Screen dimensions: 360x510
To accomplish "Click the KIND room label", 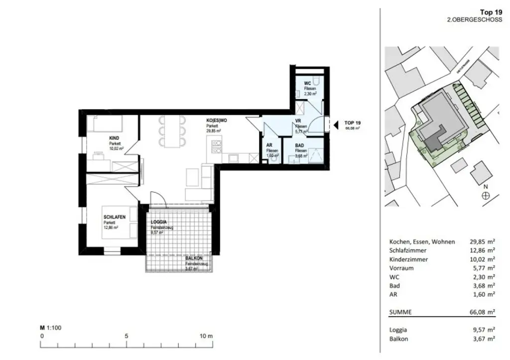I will click(x=115, y=139).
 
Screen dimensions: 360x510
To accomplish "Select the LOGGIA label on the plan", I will click(x=159, y=222).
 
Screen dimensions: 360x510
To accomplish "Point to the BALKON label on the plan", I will click(x=194, y=258).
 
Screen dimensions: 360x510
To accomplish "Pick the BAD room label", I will click(x=300, y=146).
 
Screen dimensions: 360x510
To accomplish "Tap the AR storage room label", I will click(x=269, y=145).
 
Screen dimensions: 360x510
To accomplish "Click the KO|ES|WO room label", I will click(x=218, y=121).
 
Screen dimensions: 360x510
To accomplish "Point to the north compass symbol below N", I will click(x=486, y=196).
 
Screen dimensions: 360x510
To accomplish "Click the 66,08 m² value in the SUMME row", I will click(x=483, y=313).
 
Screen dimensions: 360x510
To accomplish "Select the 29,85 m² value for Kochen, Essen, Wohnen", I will click(x=483, y=241).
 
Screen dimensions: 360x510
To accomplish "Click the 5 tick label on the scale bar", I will click(x=127, y=336).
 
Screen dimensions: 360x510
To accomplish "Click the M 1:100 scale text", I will click(x=50, y=328).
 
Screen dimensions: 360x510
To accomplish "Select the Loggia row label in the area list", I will click(x=398, y=330).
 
